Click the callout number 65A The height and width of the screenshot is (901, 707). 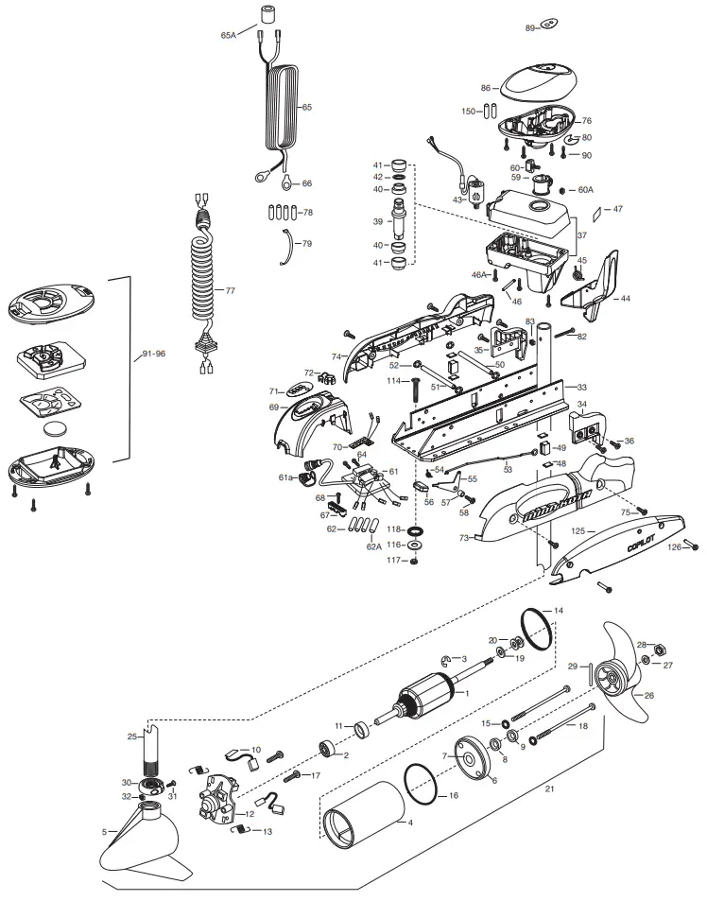[x=228, y=35]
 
